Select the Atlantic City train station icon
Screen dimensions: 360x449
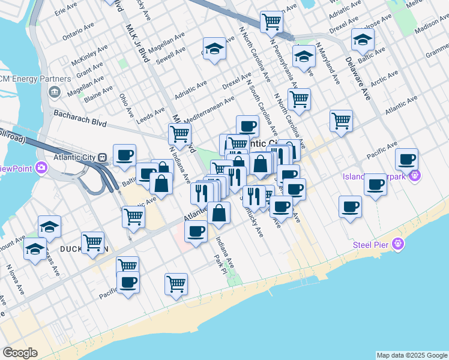pyautogui.click(x=103, y=158)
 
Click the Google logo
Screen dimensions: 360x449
pyautogui.click(x=20, y=353)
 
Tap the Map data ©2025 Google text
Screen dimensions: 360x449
pyautogui.click(x=412, y=355)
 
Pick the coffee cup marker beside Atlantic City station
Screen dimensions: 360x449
pyautogui.click(x=124, y=156)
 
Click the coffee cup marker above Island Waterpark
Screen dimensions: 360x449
pyautogui.click(x=406, y=160)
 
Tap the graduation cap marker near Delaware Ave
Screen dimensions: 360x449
pyautogui.click(x=363, y=40)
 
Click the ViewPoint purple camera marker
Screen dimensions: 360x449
pyautogui.click(x=40, y=168)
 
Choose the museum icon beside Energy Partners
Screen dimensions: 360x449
pyautogui.click(x=54, y=91)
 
